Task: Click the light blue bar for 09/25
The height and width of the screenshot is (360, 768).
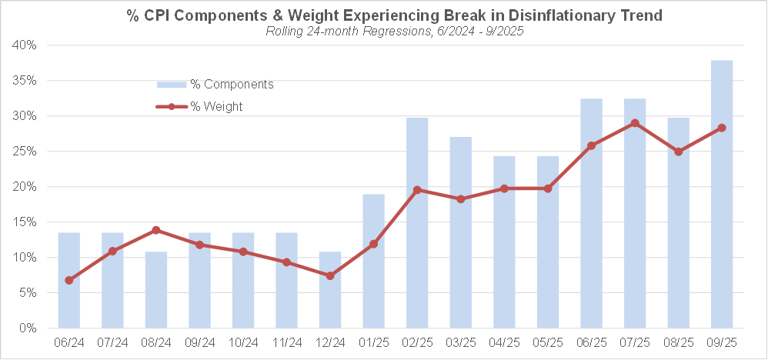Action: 722,194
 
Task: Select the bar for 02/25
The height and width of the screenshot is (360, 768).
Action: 417,223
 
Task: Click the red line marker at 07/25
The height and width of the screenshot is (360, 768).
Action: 635,123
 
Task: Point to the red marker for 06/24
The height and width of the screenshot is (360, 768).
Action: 69,280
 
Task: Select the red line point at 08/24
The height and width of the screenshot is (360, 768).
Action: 156,230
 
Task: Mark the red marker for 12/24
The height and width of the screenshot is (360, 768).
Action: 330,275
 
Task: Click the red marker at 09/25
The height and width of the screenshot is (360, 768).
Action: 722,128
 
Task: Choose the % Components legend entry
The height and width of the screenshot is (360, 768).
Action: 215,84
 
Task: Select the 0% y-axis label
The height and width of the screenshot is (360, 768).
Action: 28,328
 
